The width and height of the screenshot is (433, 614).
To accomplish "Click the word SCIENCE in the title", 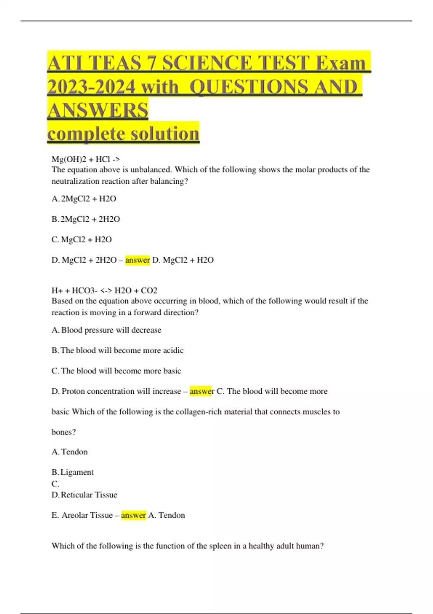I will point(210,63).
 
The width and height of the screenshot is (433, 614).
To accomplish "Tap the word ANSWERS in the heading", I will point(98,110).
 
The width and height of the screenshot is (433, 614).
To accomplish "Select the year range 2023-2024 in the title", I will point(91,87).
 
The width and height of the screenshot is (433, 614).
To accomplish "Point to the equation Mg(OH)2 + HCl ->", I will point(86,159).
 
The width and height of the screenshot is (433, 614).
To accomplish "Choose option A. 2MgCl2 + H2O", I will point(84,199).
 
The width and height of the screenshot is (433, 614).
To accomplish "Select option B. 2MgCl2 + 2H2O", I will point(86,219).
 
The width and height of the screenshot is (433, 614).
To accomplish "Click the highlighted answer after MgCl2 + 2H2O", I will point(137,260).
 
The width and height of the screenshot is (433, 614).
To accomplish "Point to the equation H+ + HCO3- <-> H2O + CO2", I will point(104,290).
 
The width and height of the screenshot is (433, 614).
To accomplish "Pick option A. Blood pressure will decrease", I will point(106,330).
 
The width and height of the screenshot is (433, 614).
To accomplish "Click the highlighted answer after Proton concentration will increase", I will point(202,391).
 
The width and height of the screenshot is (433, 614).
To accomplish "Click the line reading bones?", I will point(64,432).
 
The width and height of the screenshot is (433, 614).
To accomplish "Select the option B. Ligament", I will point(73,472).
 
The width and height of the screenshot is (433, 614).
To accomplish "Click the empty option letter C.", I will point(55,484).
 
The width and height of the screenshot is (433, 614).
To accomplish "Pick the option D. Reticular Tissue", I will point(84,495).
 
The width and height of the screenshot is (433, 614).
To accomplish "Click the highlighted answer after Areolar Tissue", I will point(134,515).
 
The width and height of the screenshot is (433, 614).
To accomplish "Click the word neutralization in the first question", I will point(75,181).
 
